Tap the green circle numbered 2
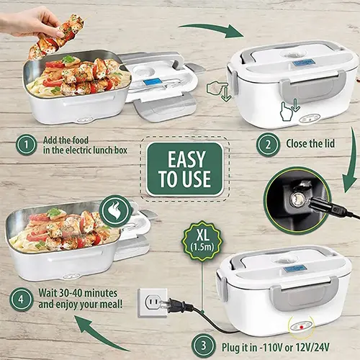coord(268,144)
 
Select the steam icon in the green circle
coord(115,210)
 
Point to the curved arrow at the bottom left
coord(101,335)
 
